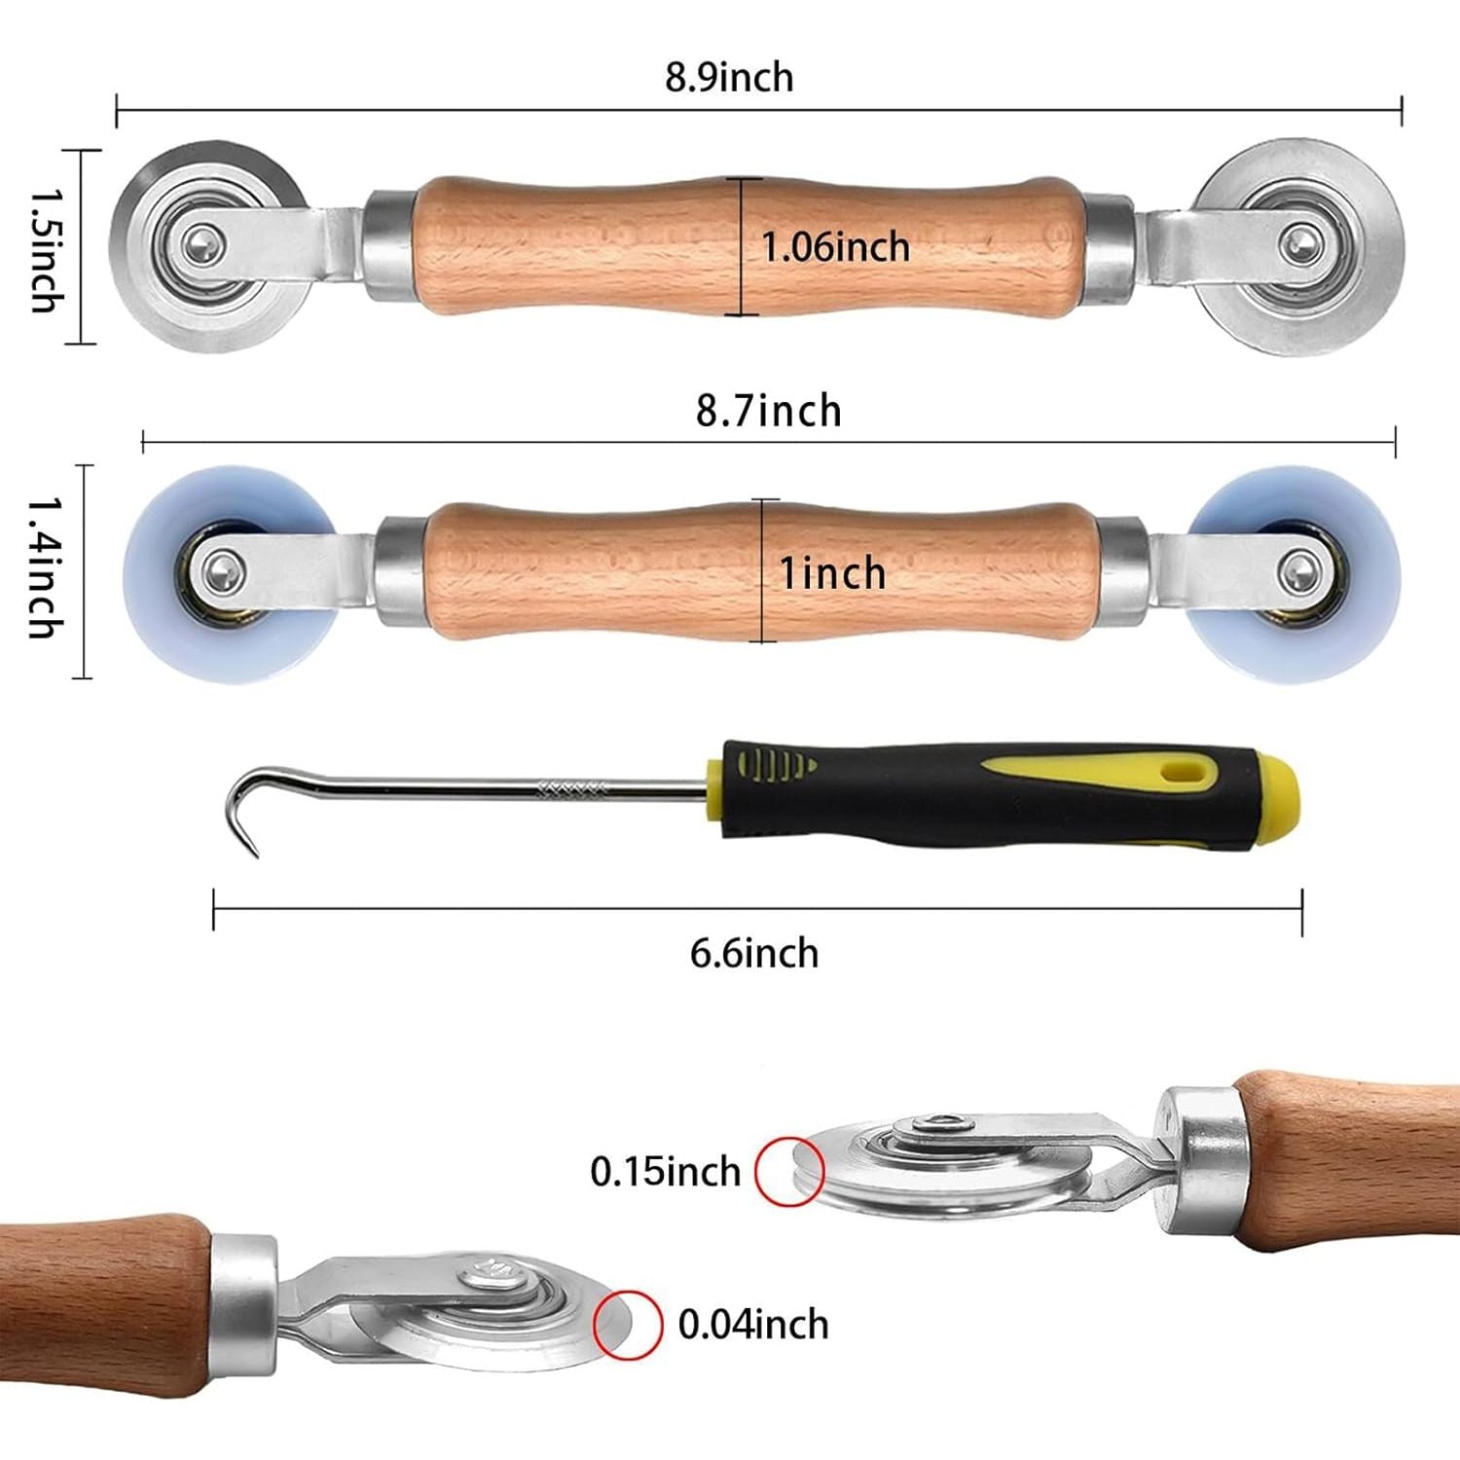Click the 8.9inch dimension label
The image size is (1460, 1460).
[729, 77]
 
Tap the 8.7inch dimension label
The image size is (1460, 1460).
[768, 411]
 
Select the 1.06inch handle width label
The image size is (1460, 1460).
[835, 247]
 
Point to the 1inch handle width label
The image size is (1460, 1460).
[832, 573]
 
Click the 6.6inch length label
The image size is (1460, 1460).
[754, 953]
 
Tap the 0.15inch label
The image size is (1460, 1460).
[666, 1171]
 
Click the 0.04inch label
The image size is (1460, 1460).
[753, 1325]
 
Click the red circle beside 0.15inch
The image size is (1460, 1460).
[790, 1171]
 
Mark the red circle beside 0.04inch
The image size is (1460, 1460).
[628, 1325]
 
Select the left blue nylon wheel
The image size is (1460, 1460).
[230, 573]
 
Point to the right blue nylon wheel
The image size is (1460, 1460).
[1294, 573]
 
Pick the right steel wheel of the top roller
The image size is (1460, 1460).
[1299, 245]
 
